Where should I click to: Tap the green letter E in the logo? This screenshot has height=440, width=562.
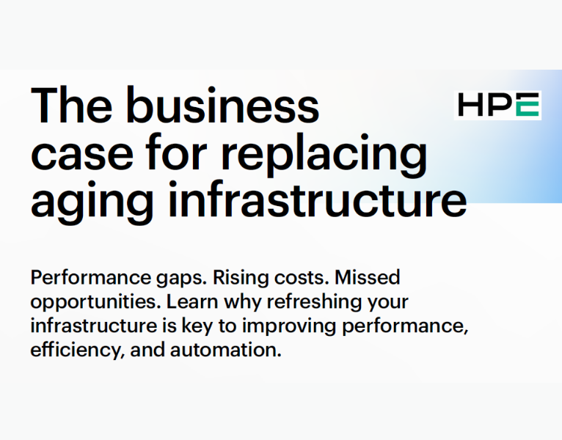click(528, 106)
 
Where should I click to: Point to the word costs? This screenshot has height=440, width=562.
click(279, 279)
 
